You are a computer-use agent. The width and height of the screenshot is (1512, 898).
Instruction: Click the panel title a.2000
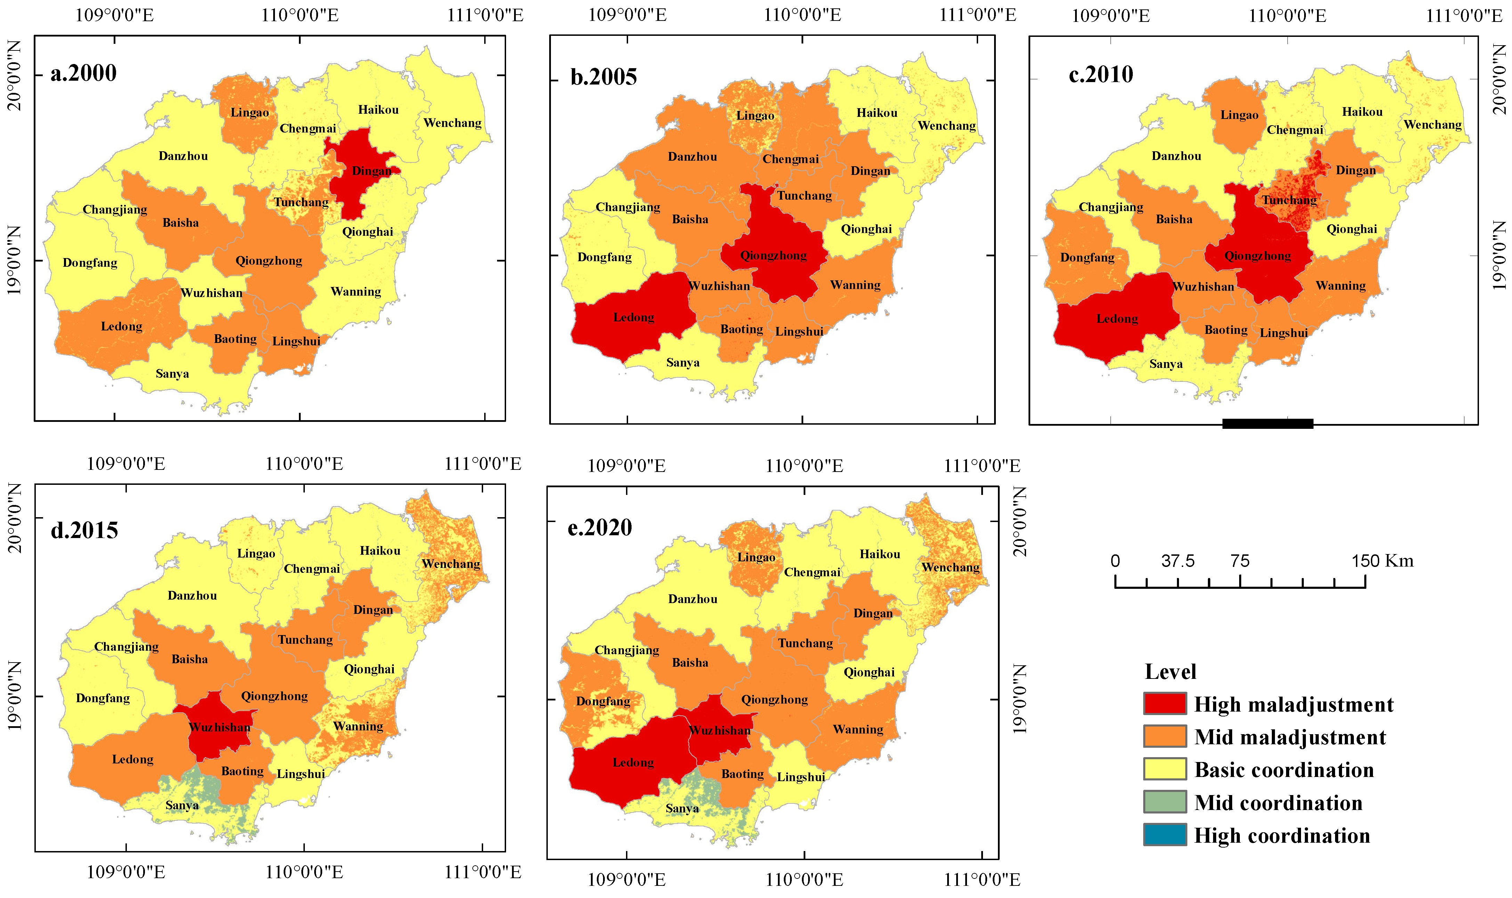(x=83, y=73)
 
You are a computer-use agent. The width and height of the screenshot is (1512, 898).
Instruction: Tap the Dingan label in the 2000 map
(x=371, y=171)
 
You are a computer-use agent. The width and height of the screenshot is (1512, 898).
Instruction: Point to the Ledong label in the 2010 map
(x=1117, y=319)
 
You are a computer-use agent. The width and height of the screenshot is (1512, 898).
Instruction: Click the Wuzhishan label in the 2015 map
(x=220, y=727)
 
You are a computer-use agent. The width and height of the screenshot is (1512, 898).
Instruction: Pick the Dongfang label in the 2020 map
(x=603, y=701)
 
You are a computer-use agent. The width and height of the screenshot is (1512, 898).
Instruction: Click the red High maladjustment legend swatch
(x=1164, y=704)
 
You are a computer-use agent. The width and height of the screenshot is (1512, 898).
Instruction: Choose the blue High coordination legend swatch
(x=1164, y=834)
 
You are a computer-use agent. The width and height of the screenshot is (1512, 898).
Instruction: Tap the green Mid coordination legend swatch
(x=1164, y=802)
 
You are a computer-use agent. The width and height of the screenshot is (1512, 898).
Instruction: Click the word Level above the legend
(x=1170, y=672)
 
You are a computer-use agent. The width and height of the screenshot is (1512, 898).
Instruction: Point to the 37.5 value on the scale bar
(x=1178, y=561)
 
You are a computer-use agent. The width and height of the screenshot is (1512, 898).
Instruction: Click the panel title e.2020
(x=599, y=528)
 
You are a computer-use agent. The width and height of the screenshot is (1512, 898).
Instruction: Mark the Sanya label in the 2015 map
(x=182, y=805)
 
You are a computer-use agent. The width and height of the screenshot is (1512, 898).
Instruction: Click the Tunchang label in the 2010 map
(x=1289, y=200)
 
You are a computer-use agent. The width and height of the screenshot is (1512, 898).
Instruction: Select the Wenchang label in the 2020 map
(x=950, y=568)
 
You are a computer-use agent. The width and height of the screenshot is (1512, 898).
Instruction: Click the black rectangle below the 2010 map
(x=1268, y=424)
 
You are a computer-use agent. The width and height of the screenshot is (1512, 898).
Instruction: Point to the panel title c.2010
(x=1101, y=74)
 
